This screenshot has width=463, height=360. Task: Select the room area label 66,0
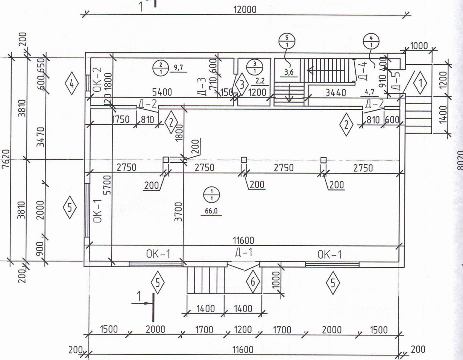(x=211, y=211)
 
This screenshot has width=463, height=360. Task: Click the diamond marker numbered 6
(x=253, y=281)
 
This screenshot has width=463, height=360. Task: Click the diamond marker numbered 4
(x=71, y=83)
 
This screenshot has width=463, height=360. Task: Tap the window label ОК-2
(x=97, y=78)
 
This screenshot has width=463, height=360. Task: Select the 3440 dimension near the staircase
(x=332, y=92)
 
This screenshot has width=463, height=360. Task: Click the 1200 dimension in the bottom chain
(x=243, y=330)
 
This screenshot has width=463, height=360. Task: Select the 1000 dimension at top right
(x=419, y=46)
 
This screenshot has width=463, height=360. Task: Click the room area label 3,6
(x=289, y=73)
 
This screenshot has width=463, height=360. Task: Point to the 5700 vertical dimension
(x=108, y=184)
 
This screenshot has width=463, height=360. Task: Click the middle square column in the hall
(x=244, y=160)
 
